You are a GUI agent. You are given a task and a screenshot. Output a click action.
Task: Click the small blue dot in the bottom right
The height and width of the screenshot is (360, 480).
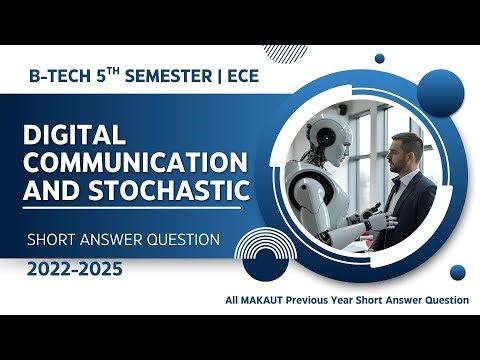tap(458, 271)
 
